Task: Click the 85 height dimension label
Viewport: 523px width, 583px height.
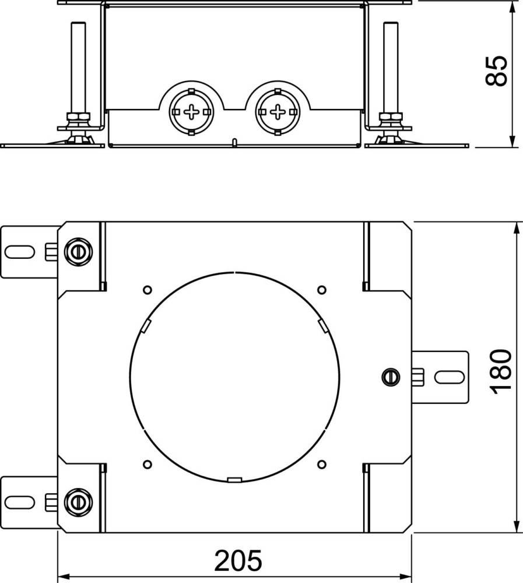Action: [x=496, y=71]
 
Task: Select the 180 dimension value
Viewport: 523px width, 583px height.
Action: [x=501, y=372]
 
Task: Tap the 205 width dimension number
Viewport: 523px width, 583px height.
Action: [x=238, y=560]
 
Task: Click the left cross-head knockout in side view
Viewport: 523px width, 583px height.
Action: [x=192, y=112]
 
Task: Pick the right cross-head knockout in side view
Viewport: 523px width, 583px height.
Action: [x=277, y=112]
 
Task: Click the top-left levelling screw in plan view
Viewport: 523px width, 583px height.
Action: [x=78, y=252]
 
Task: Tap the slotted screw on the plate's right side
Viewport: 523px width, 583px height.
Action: [x=391, y=377]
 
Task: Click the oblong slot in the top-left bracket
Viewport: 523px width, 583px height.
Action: [x=20, y=252]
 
